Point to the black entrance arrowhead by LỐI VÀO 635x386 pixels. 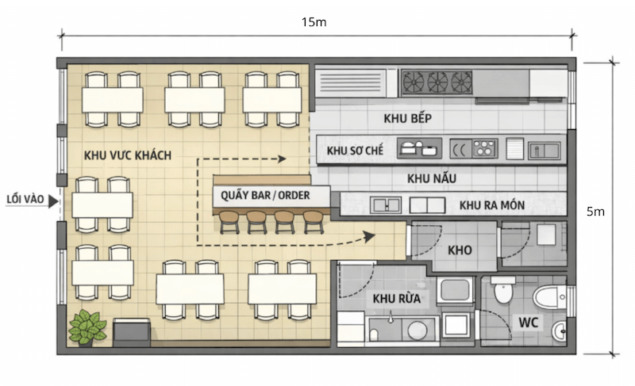click(x=53, y=202)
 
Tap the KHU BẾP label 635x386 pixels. click(x=406, y=118)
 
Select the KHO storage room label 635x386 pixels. click(x=460, y=250)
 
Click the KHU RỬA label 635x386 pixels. click(x=396, y=299)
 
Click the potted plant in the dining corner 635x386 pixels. click(x=87, y=327)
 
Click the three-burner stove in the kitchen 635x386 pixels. click(x=437, y=82)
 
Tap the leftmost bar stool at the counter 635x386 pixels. click(x=229, y=221)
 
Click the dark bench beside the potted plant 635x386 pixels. click(x=132, y=331)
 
